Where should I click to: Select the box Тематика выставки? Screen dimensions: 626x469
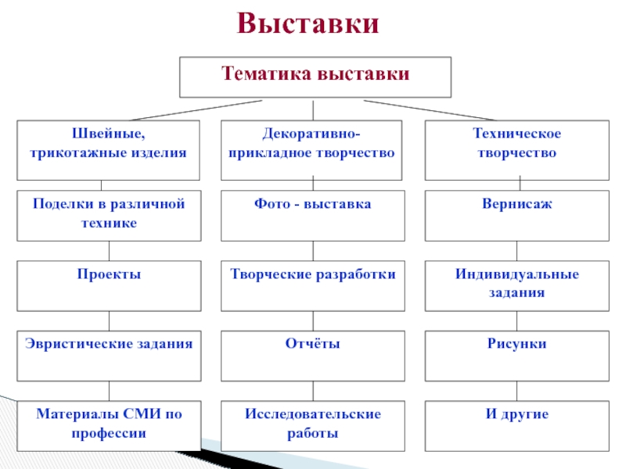click(315, 76)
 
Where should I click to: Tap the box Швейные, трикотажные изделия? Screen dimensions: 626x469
click(109, 149)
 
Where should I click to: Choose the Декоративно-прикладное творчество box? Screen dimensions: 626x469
click(312, 149)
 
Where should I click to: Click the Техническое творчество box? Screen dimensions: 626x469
click(516, 149)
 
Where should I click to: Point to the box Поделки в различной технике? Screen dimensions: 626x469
click(109, 215)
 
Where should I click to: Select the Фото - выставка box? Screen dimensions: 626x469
click(312, 215)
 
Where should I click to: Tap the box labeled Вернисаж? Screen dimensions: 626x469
click(516, 215)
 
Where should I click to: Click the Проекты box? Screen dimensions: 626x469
click(109, 286)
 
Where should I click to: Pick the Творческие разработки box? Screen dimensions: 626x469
click(312, 286)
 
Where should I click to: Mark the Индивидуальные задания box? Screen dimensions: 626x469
click(516, 286)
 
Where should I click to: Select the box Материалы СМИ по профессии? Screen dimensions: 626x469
click(109, 425)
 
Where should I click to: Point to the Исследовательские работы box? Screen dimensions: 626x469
click(312, 425)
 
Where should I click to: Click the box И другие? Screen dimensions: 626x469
click(516, 425)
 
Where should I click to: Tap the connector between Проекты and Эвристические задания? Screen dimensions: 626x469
click(109, 320)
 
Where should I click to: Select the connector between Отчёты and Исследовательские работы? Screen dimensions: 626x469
click(313, 390)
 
